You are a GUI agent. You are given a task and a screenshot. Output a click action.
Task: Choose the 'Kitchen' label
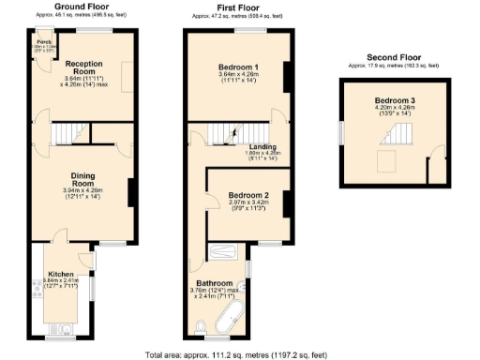(x=61, y=274)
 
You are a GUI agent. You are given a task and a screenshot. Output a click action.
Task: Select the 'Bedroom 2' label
(x=248, y=196)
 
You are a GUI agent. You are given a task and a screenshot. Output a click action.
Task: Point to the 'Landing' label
(x=248, y=146)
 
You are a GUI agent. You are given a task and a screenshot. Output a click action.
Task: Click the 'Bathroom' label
(x=215, y=283)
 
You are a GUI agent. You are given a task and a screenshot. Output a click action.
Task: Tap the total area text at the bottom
(x=239, y=354)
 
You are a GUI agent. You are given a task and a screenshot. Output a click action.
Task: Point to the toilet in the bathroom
(x=202, y=325)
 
